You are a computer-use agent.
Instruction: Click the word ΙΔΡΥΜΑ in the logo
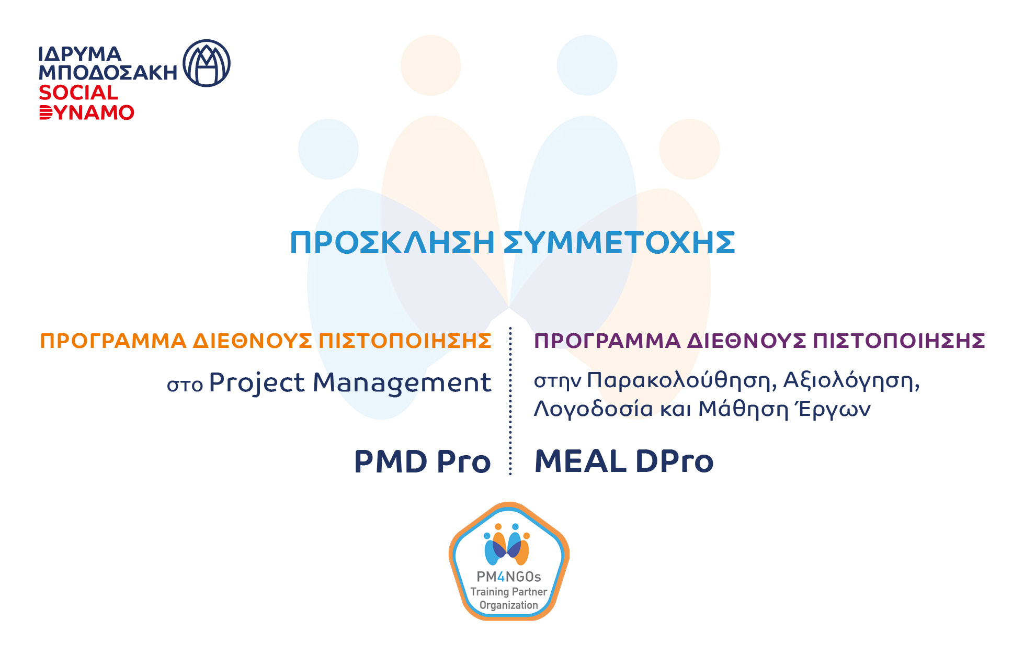pyautogui.click(x=79, y=54)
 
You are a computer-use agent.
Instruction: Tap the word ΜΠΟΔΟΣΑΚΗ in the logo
pyautogui.click(x=108, y=73)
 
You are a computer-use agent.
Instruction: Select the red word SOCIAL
pyautogui.click(x=78, y=93)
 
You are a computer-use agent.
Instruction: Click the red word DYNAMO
pyautogui.click(x=87, y=112)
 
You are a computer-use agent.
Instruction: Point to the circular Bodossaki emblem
pyautogui.click(x=207, y=63)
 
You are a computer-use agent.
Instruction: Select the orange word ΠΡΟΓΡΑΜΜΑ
pyautogui.click(x=113, y=341)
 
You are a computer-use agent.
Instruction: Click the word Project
pyautogui.click(x=257, y=383)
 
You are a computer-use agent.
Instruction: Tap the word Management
pyautogui.click(x=402, y=383)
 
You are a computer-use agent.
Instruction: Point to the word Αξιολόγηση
pyautogui.click(x=851, y=381)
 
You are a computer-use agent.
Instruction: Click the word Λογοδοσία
pyautogui.click(x=593, y=409)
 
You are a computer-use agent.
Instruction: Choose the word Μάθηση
pyautogui.click(x=743, y=409)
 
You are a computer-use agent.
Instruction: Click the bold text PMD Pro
pyautogui.click(x=422, y=462)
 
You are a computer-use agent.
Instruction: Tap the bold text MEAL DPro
pyautogui.click(x=624, y=462)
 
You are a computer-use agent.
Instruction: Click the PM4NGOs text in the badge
pyautogui.click(x=508, y=577)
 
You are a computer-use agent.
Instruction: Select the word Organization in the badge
pyautogui.click(x=508, y=605)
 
